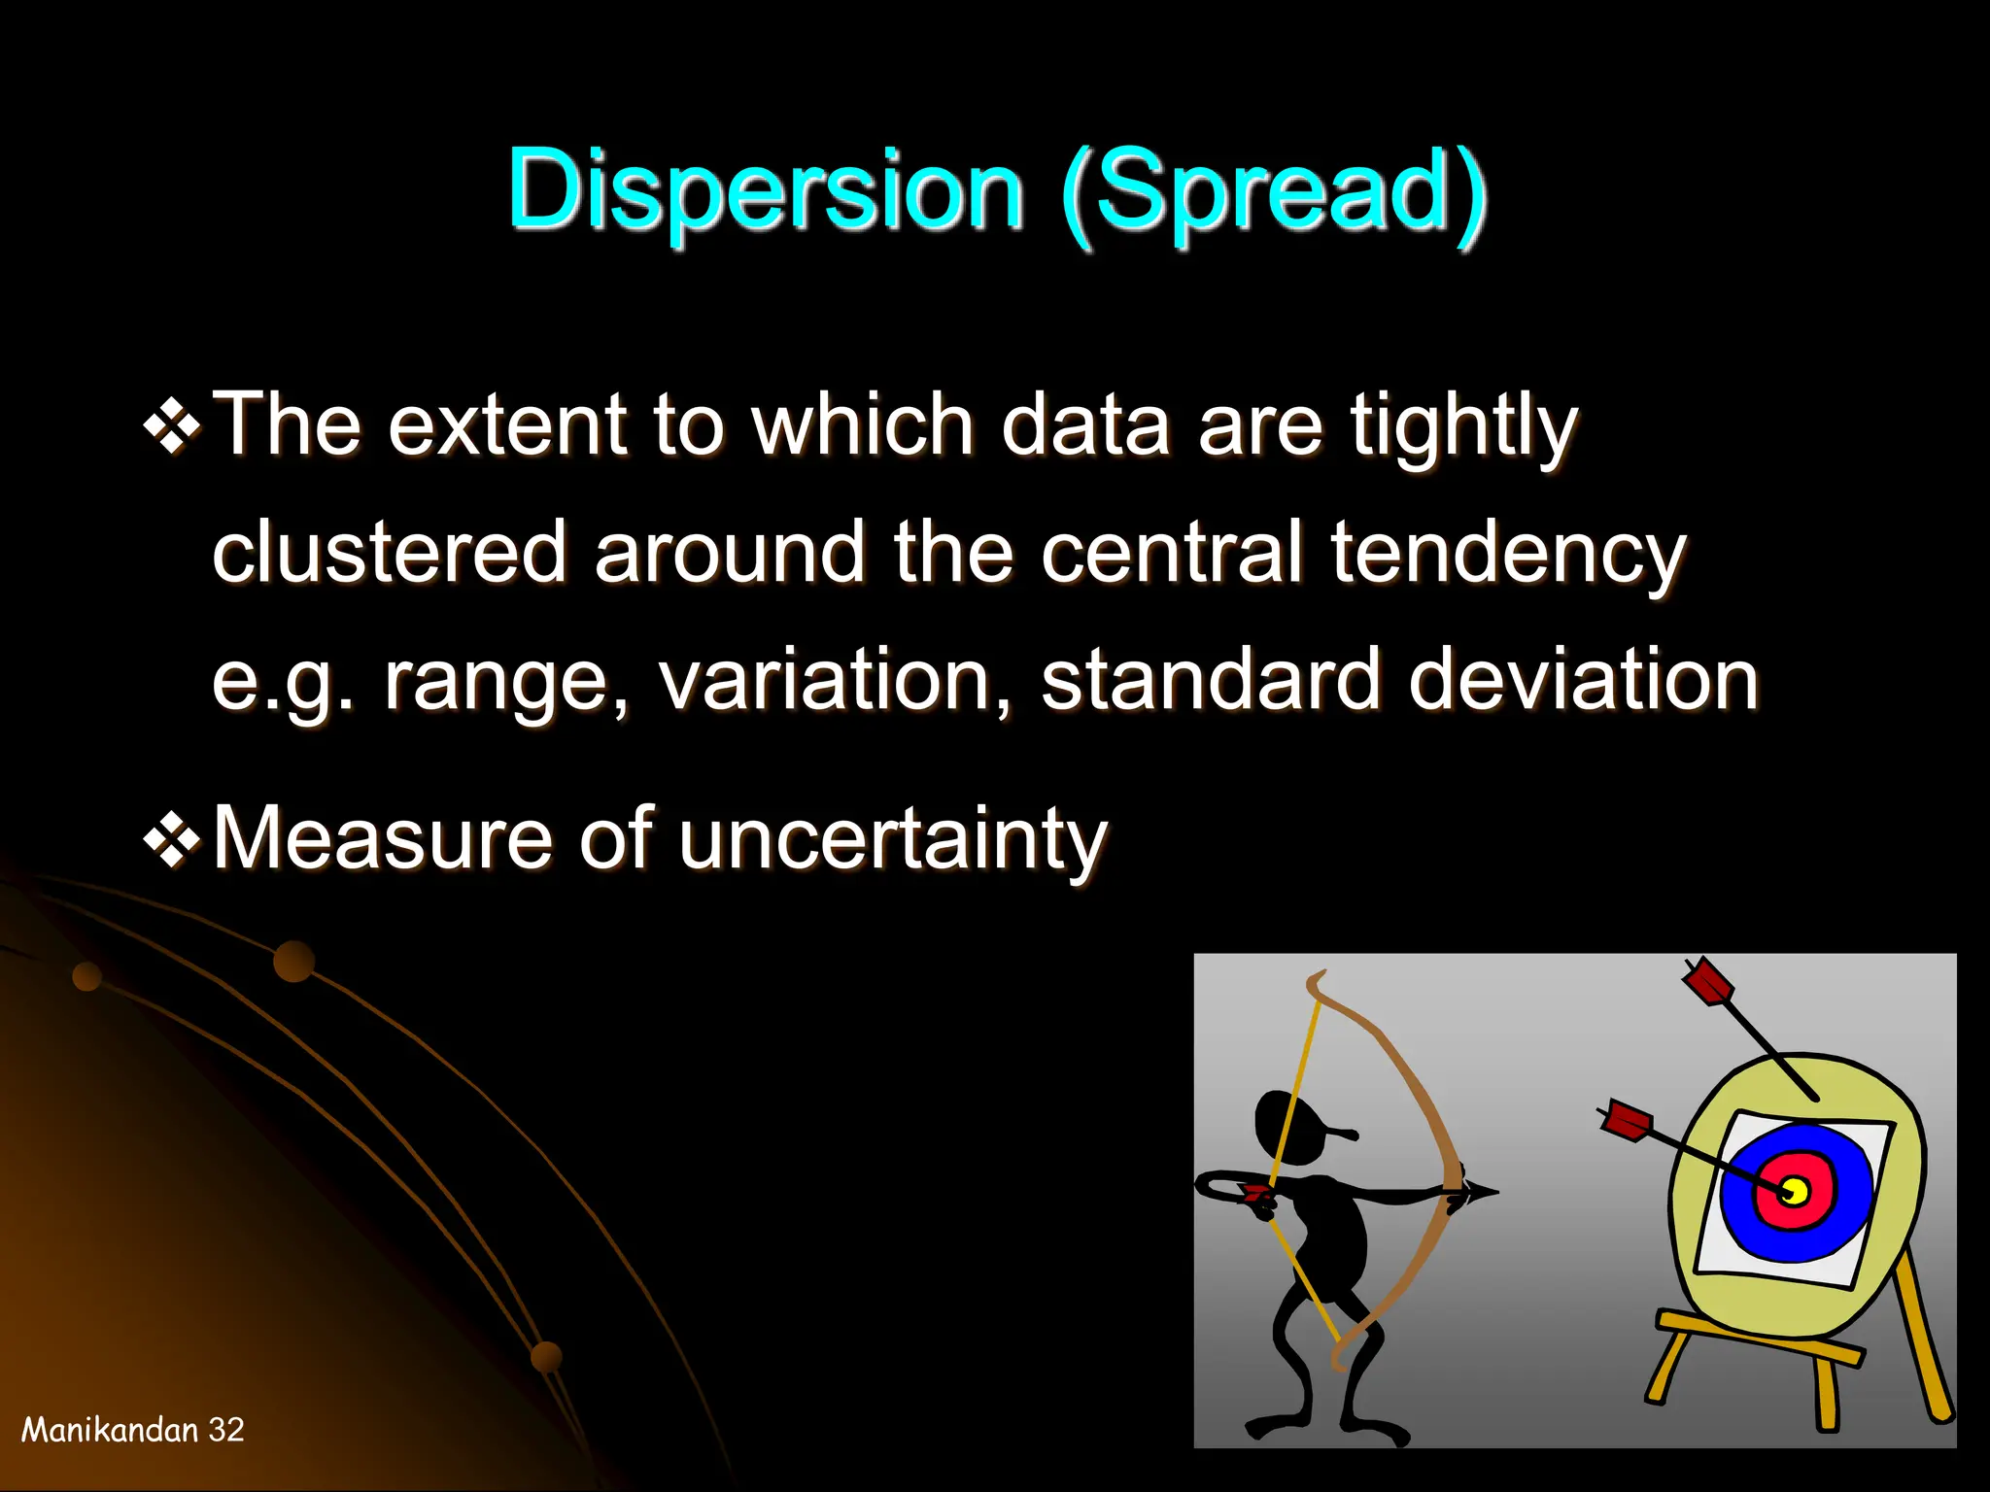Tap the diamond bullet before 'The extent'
(172, 426)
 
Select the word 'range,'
(506, 683)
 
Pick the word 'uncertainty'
(892, 840)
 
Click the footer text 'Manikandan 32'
(133, 1430)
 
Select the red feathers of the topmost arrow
(1708, 983)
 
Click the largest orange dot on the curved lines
(293, 962)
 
